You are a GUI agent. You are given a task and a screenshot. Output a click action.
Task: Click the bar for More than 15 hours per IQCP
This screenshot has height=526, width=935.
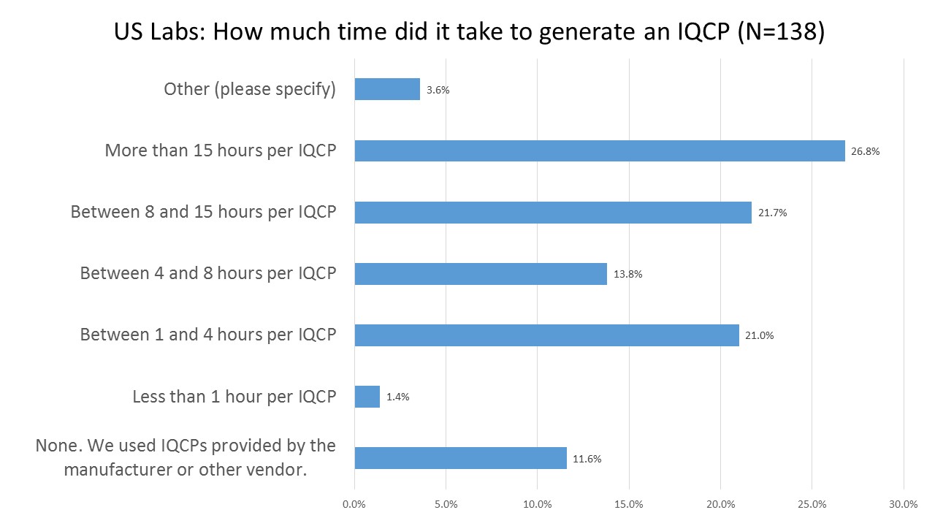click(x=599, y=151)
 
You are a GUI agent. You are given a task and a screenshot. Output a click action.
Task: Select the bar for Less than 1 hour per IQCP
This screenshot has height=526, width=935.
click(x=367, y=397)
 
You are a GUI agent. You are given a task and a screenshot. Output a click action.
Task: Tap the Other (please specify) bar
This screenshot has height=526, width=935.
click(x=387, y=90)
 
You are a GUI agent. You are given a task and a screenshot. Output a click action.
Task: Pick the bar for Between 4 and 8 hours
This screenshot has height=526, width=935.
click(x=481, y=274)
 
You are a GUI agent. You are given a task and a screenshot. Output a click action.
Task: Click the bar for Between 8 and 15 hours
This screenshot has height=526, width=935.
click(x=553, y=213)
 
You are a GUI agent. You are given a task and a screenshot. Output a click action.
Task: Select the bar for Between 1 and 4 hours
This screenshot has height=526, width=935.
click(x=546, y=335)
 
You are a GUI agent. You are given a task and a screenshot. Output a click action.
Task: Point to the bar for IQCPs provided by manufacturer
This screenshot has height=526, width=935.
click(x=460, y=458)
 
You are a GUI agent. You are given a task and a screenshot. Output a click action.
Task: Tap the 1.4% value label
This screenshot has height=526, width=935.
click(x=398, y=397)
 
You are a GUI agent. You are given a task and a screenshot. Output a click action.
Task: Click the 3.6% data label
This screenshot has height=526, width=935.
click(x=438, y=91)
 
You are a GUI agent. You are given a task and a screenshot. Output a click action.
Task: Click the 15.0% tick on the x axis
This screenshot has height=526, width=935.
click(x=629, y=504)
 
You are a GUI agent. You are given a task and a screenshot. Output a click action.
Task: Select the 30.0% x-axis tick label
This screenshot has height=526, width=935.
click(x=904, y=504)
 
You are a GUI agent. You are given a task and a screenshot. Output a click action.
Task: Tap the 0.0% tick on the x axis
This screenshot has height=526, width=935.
click(x=354, y=504)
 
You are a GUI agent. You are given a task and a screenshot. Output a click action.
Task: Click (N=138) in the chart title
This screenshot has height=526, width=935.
click(x=781, y=33)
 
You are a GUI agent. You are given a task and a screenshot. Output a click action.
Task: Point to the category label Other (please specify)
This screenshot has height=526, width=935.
click(x=250, y=89)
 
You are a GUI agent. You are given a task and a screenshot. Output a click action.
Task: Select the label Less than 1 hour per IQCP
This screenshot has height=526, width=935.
click(x=234, y=396)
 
